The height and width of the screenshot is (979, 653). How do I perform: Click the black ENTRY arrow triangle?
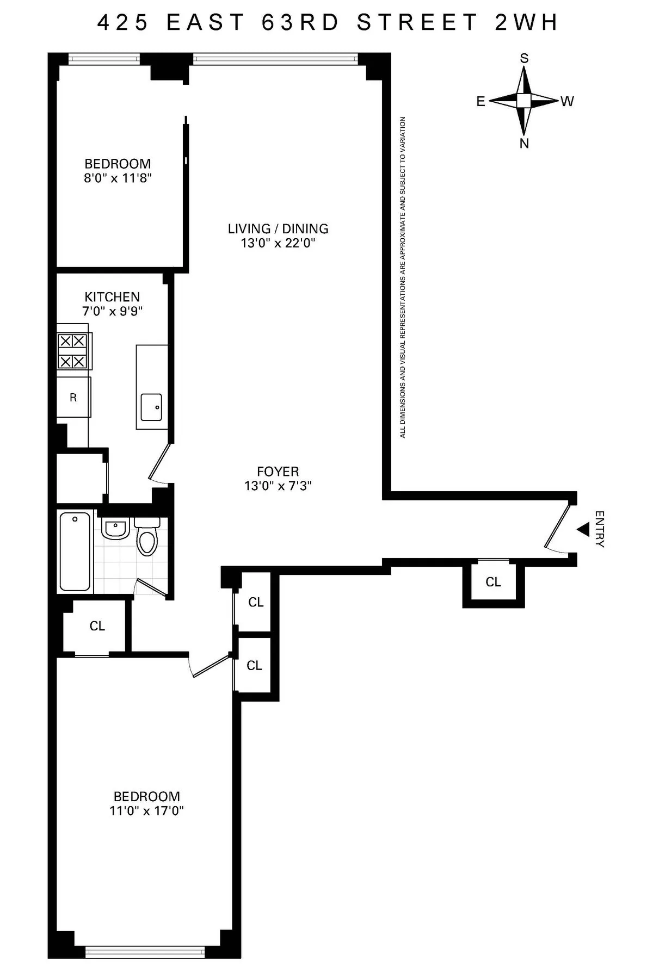click(x=583, y=529)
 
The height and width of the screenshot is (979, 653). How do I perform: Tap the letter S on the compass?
click(x=524, y=59)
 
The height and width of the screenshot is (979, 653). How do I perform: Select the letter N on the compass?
click(x=524, y=144)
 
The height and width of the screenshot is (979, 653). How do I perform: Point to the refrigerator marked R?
click(x=73, y=398)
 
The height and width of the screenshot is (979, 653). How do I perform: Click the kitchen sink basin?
click(x=151, y=407)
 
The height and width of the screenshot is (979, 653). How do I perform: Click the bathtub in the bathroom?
click(x=75, y=551)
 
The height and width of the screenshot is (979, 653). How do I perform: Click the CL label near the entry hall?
click(x=493, y=582)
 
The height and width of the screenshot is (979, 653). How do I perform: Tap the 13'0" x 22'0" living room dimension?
click(x=278, y=243)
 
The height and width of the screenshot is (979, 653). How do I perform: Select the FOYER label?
click(x=278, y=472)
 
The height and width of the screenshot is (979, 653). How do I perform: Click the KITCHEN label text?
click(x=112, y=297)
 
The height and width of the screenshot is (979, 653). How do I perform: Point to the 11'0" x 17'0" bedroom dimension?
click(x=146, y=811)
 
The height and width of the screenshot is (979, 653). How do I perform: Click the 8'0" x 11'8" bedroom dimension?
click(x=118, y=178)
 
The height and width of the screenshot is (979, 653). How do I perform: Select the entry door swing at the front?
click(x=558, y=526)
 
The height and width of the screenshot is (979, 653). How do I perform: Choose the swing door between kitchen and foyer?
click(x=159, y=463)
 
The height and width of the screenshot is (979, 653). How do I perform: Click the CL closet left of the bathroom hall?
click(x=97, y=626)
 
